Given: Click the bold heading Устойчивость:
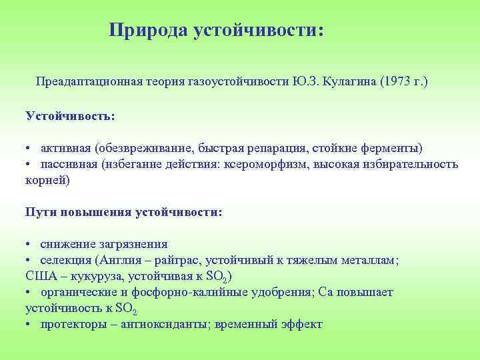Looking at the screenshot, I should (70, 115).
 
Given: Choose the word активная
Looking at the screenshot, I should (65, 148).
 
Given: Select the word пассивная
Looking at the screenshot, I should (68, 164).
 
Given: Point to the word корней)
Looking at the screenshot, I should (47, 180).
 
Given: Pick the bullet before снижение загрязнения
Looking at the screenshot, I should (29, 245).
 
